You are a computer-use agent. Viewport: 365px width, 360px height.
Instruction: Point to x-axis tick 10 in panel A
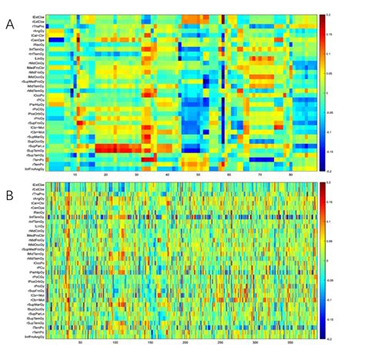75,175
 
